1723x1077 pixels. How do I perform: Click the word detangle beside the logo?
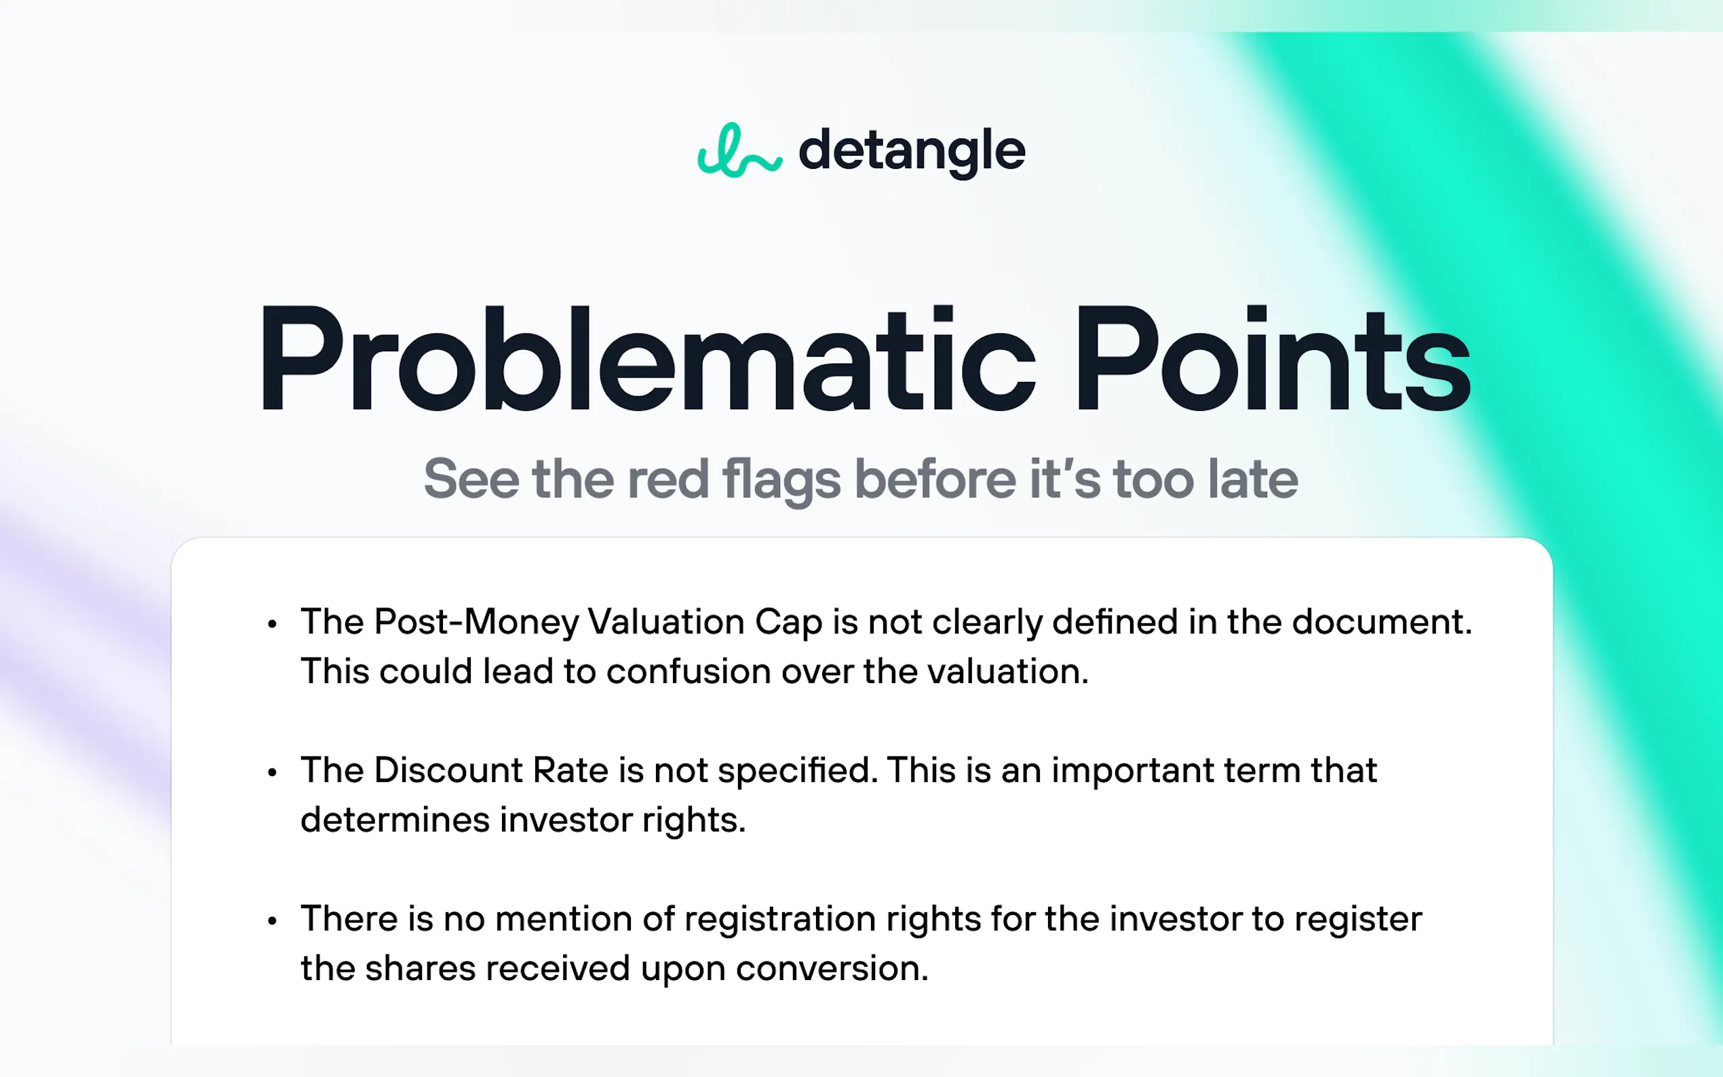point(912,152)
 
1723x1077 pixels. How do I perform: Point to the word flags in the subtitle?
point(781,480)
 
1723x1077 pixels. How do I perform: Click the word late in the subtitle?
point(1253,479)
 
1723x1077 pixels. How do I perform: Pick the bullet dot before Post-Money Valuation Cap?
point(271,625)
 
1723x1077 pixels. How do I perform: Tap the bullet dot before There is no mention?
point(271,922)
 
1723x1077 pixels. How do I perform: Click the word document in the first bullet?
point(1382,622)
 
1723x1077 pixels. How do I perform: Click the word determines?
point(395,820)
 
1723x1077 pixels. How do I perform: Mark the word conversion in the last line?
point(832,968)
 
